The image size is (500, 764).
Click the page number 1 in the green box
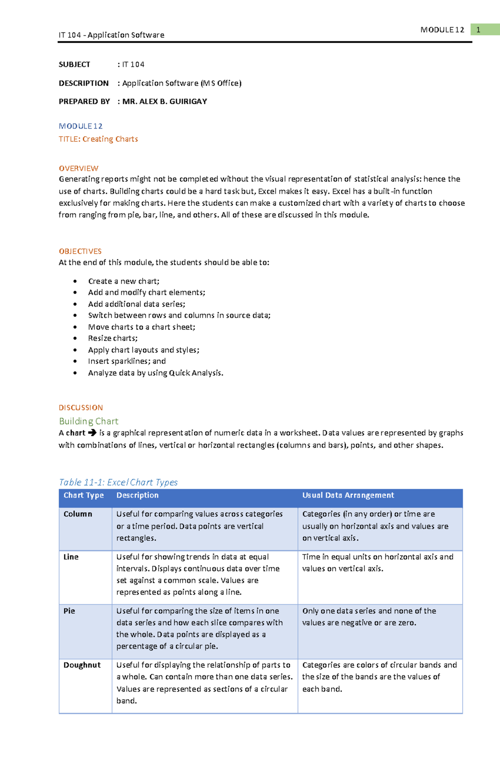click(x=478, y=30)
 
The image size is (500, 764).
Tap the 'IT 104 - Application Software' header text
click(x=111, y=35)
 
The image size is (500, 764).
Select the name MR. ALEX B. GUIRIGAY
click(x=165, y=101)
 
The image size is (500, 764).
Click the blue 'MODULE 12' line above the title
click(x=80, y=126)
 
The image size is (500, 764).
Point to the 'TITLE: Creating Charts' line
click(x=98, y=139)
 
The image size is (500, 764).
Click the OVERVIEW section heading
click(x=78, y=168)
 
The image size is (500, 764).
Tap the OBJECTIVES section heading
click(x=80, y=251)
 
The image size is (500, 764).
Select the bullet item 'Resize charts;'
click(x=112, y=338)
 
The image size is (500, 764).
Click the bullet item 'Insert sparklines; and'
click(x=127, y=361)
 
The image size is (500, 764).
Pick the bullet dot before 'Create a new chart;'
click(x=75, y=281)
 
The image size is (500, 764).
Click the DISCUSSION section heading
click(x=81, y=408)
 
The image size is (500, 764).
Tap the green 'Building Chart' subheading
click(x=88, y=421)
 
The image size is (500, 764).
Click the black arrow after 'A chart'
click(x=92, y=433)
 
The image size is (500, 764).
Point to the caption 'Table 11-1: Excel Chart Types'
click(x=118, y=482)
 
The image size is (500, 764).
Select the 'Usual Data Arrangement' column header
click(x=348, y=495)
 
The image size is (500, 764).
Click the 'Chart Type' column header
click(x=83, y=495)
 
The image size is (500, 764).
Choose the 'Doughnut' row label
click(x=82, y=665)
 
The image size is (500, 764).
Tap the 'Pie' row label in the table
click(x=69, y=611)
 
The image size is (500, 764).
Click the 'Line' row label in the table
click(x=71, y=557)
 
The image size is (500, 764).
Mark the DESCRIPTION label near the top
click(x=83, y=83)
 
